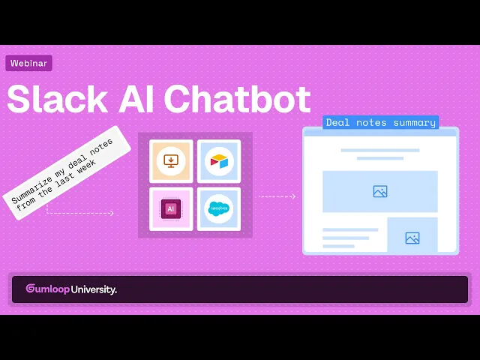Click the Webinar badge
point(28,64)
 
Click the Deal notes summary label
point(380,122)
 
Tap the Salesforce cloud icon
point(219,208)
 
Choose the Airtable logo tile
point(219,161)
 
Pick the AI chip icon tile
point(171,208)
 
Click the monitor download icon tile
point(171,161)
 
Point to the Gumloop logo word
point(47,289)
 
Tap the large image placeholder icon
point(380,191)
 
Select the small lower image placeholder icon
point(412,238)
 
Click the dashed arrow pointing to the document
point(277,196)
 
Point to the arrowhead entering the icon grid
point(112,213)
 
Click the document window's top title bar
point(380,132)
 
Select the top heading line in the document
point(380,150)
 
